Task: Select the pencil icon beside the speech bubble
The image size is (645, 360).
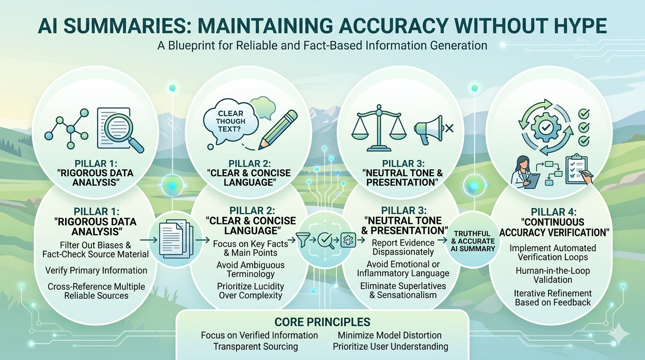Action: [x=277, y=130]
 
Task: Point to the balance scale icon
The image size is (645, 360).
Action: [x=379, y=127]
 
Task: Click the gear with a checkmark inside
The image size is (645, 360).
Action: [x=545, y=127]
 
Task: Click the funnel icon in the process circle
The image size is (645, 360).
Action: [x=303, y=240]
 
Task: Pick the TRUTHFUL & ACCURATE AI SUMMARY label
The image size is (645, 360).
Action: [x=473, y=241]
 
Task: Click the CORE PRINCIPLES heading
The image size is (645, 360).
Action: [x=322, y=322]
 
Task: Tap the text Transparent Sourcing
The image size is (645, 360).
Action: [x=255, y=346]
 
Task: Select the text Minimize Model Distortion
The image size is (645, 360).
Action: [x=390, y=335]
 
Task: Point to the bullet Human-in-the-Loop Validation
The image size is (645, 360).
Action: [x=553, y=275]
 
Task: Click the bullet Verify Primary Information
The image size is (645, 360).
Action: [x=96, y=270]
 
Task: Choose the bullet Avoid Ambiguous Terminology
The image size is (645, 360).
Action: [x=250, y=269]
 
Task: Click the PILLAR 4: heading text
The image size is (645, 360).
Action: [x=554, y=212]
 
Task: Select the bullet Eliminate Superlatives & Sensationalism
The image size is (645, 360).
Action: [x=403, y=290]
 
